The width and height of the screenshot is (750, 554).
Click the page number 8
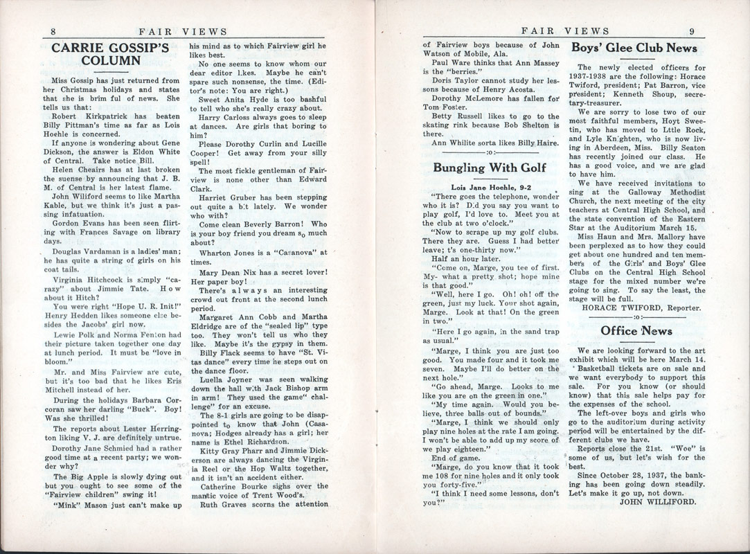click(53, 31)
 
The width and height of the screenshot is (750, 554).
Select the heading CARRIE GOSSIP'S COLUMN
click(111, 54)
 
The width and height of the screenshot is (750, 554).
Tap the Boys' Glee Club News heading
click(634, 48)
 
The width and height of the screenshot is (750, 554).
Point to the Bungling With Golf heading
click(490, 168)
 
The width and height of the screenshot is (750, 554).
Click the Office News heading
click(636, 331)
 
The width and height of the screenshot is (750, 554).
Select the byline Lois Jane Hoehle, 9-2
click(490, 187)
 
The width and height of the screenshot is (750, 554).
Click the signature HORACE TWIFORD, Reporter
click(642, 307)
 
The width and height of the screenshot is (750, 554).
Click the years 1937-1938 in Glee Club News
click(592, 77)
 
